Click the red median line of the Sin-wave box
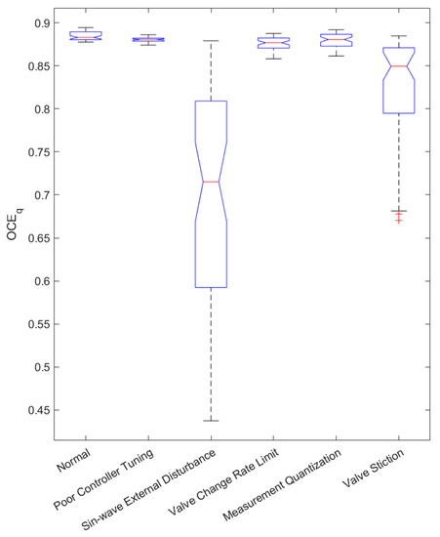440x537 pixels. click(211, 182)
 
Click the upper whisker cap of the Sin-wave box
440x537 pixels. click(211, 41)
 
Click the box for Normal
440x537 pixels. click(86, 36)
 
